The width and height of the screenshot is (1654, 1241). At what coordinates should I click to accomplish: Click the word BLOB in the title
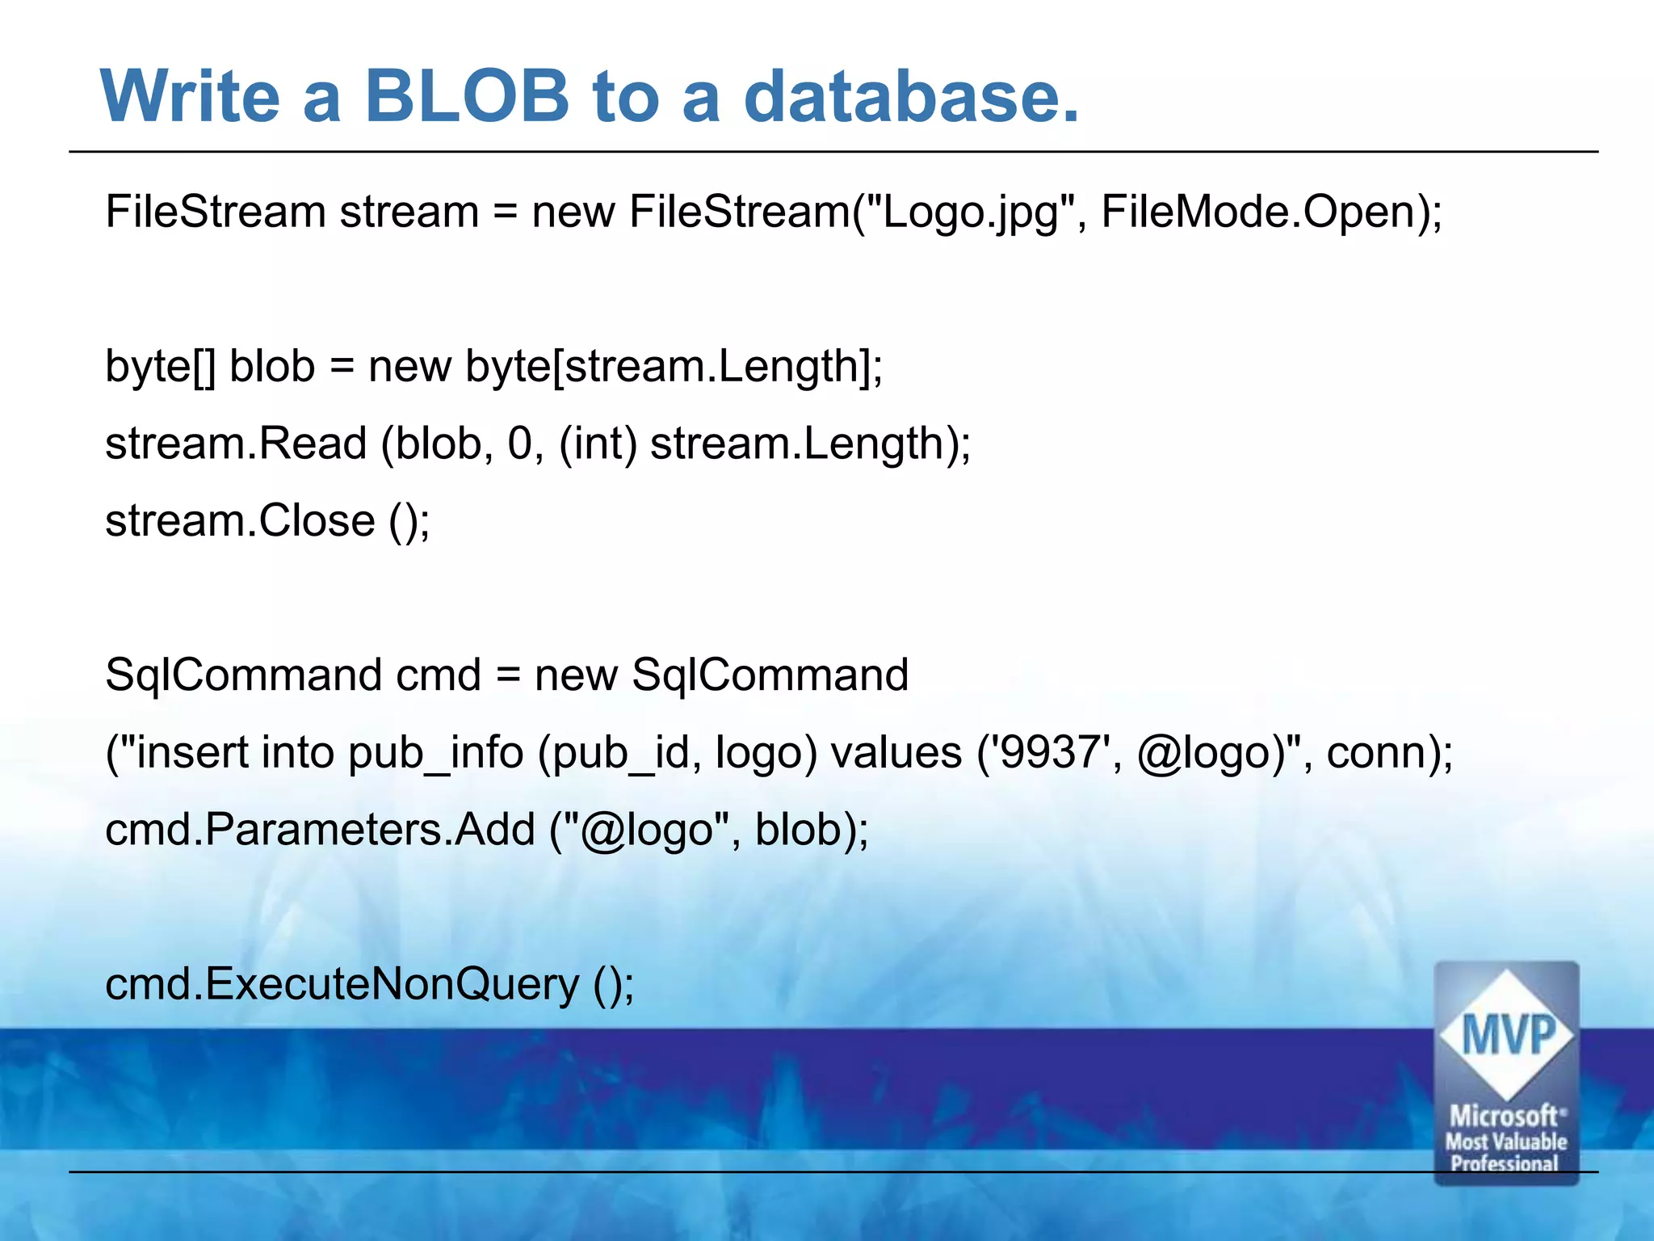pos(467,96)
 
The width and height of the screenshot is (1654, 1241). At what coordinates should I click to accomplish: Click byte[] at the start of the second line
pos(160,367)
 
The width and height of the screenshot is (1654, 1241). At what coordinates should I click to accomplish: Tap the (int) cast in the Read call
pos(598,444)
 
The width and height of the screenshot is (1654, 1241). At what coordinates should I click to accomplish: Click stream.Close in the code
pos(240,520)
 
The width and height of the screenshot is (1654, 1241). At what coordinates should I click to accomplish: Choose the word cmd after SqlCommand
pos(438,675)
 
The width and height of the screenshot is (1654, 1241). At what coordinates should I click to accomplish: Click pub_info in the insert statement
pos(435,753)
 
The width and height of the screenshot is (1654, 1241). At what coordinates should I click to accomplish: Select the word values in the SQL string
pos(896,752)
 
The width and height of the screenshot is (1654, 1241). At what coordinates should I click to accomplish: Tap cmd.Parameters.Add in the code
pos(320,830)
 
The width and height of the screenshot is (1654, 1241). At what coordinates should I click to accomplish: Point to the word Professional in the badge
pos(1504,1163)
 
